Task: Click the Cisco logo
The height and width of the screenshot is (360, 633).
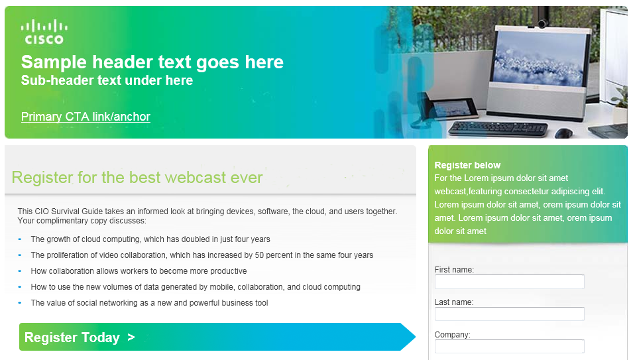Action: (44, 32)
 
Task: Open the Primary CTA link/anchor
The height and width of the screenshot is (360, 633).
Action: (86, 117)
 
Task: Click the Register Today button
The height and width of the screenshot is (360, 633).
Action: (217, 337)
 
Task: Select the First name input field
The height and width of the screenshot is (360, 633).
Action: (510, 282)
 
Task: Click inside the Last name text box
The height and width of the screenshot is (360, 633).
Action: (510, 314)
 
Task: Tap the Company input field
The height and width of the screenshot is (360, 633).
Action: (510, 346)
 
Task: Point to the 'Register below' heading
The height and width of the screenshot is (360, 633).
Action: (467, 165)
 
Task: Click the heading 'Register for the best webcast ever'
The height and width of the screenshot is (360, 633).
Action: (137, 178)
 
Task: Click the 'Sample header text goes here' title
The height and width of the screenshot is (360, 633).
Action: (152, 62)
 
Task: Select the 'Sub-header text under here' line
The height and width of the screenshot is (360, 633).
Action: (107, 80)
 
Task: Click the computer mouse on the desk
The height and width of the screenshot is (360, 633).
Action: (564, 133)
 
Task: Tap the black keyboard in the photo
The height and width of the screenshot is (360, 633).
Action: (498, 129)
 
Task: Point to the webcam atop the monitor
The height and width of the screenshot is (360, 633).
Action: (542, 24)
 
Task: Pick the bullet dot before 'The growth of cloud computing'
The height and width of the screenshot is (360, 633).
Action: (20, 239)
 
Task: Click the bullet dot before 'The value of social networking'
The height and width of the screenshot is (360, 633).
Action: (20, 303)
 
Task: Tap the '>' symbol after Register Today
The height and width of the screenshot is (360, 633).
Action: (131, 337)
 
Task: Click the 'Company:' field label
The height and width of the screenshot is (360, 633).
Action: (453, 335)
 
